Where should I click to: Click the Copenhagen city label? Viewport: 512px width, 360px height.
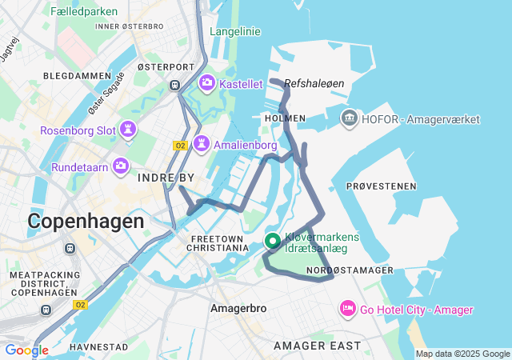pyautogui.click(x=86, y=221)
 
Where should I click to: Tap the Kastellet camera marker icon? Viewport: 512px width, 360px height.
pyautogui.click(x=207, y=83)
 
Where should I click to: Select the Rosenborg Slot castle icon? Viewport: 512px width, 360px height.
pyautogui.click(x=128, y=130)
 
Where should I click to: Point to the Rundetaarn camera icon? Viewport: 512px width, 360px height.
pyautogui.click(x=121, y=166)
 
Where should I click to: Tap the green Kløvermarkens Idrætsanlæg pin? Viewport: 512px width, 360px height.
pyautogui.click(x=272, y=241)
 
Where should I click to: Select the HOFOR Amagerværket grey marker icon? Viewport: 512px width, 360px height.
pyautogui.click(x=350, y=119)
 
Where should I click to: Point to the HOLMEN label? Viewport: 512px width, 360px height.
pyautogui.click(x=284, y=118)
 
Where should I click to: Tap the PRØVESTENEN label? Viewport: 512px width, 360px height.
pyautogui.click(x=381, y=186)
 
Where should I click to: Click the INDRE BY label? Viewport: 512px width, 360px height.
pyautogui.click(x=166, y=177)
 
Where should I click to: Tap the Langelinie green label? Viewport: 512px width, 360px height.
pyautogui.click(x=235, y=31)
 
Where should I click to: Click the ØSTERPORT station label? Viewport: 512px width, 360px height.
pyautogui.click(x=166, y=67)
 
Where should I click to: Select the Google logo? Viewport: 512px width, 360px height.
pyautogui.click(x=26, y=350)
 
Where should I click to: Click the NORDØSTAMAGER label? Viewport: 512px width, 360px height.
pyautogui.click(x=350, y=271)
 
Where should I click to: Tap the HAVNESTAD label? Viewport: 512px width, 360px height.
pyautogui.click(x=98, y=347)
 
